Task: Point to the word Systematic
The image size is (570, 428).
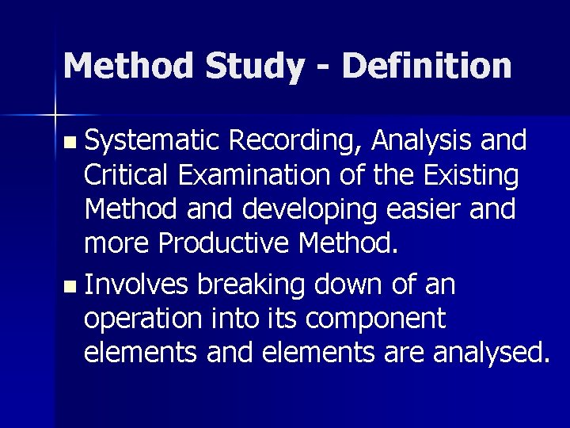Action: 154,141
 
